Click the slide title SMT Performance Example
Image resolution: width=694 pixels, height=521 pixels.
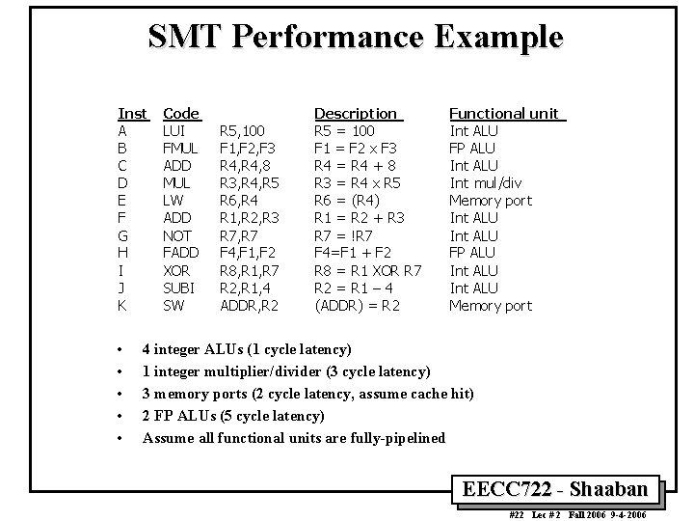[355, 38]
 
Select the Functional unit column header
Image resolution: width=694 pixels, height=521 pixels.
[506, 113]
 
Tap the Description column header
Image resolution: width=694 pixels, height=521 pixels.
[356, 113]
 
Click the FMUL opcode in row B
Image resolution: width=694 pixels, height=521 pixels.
[180, 148]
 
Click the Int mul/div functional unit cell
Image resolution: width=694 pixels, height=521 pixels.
[486, 182]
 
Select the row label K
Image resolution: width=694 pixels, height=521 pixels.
[122, 305]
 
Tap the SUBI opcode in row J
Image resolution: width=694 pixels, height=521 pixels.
[179, 288]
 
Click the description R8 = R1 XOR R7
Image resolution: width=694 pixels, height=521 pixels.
[369, 270]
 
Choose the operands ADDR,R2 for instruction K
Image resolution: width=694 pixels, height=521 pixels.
[250, 305]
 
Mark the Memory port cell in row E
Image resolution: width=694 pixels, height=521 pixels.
[491, 200]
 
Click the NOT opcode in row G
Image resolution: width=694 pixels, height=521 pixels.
[176, 235]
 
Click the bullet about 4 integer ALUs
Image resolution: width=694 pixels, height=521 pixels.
[247, 349]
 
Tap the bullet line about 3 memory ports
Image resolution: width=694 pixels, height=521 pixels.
[308, 394]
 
